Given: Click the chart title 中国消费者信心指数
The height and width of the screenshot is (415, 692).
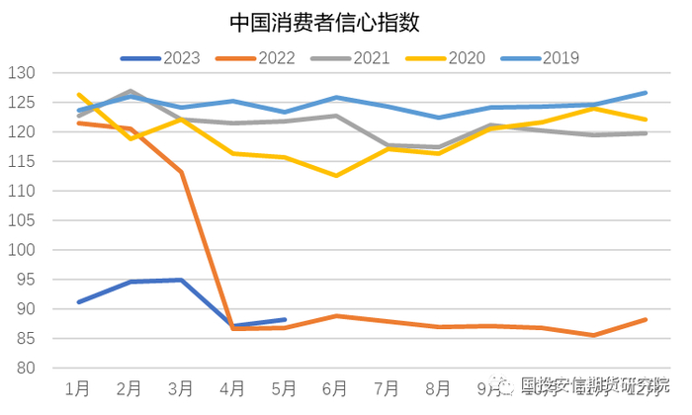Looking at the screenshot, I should (x=318, y=21).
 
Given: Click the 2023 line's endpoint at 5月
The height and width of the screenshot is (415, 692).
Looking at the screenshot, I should (x=285, y=320).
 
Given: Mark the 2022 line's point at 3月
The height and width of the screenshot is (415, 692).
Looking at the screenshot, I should (x=181, y=172).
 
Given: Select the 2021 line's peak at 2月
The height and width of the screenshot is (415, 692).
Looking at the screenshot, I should (x=130, y=91).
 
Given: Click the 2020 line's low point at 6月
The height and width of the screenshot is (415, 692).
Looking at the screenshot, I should (x=336, y=176).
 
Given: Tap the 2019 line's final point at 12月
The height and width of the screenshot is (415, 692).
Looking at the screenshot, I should (x=646, y=93).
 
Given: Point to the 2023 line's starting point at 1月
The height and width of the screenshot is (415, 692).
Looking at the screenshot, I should (x=78, y=302).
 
